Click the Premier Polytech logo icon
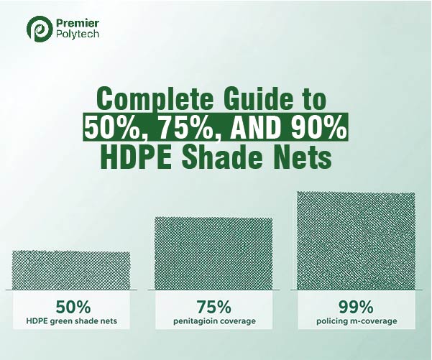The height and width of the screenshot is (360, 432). tap(37, 29)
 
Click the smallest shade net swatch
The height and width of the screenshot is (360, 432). tap(71, 269)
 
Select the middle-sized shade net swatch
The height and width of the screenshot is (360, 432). tap(213, 252)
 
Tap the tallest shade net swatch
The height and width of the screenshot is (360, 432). tap(356, 240)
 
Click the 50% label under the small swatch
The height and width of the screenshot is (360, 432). tap(71, 304)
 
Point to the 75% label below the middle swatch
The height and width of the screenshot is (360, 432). tap(213, 304)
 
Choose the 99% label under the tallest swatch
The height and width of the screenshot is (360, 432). tap(356, 304)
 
